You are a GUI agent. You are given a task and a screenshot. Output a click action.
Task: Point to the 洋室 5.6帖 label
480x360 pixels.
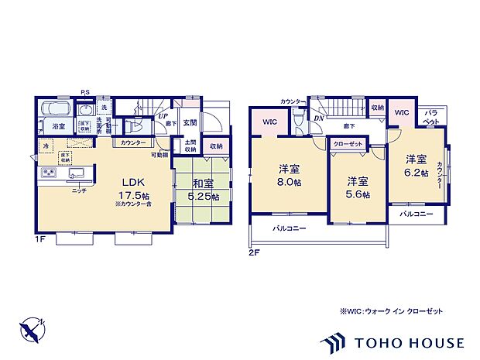[356, 187]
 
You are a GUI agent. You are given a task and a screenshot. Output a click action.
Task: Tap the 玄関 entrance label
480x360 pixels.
[190, 122]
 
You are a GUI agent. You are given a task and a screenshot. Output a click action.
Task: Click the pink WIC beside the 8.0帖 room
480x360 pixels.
[269, 122]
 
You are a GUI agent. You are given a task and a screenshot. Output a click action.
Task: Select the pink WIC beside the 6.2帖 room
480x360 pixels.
[401, 112]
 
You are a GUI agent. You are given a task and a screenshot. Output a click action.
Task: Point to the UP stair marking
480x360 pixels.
[164, 116]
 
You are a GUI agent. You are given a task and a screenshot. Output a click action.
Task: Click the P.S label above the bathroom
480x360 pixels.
[84, 92]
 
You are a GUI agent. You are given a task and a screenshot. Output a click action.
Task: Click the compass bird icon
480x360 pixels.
[32, 331]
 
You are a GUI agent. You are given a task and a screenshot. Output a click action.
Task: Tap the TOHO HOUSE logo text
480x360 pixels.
[410, 342]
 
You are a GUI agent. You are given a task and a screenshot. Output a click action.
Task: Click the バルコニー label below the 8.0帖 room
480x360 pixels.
[289, 229]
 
